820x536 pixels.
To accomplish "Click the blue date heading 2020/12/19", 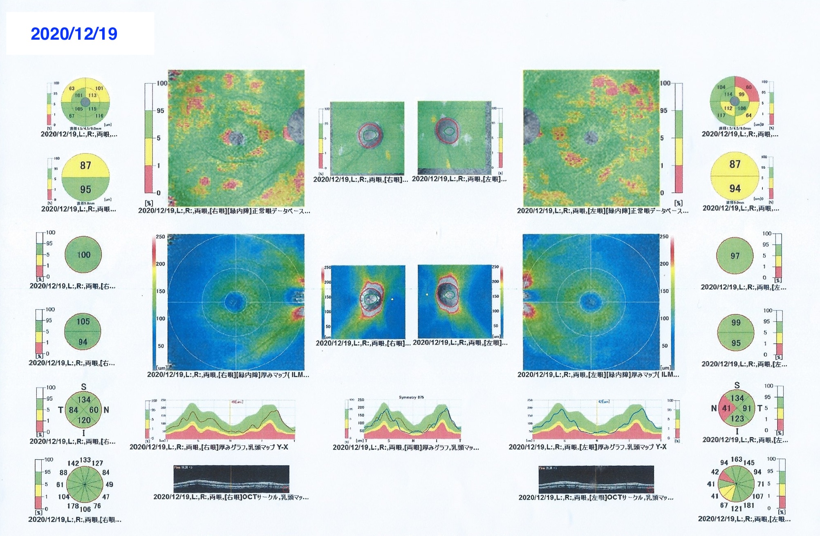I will [x=74, y=33].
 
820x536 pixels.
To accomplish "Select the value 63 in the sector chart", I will [x=72, y=88].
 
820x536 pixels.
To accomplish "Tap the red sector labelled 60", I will [x=749, y=87].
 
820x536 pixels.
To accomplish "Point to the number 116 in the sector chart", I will [x=99, y=116].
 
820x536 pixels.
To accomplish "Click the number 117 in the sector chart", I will [x=721, y=115].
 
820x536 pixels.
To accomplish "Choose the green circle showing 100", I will [x=83, y=255].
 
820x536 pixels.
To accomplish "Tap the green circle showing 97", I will [x=735, y=256].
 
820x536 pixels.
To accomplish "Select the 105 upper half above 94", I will [x=83, y=322].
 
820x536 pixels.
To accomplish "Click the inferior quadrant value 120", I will [x=84, y=420].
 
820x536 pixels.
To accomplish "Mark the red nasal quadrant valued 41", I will [x=726, y=408].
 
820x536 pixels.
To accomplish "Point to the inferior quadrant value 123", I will [x=737, y=418].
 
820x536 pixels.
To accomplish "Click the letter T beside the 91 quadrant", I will [x=760, y=408].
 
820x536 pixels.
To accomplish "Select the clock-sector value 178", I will [x=73, y=506].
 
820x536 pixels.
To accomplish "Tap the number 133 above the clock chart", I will [x=85, y=460].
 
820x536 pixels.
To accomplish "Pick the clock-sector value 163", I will [x=736, y=459].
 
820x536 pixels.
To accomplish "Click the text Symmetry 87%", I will [x=411, y=397].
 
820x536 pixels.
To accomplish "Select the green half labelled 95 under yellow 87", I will [x=85, y=190].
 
